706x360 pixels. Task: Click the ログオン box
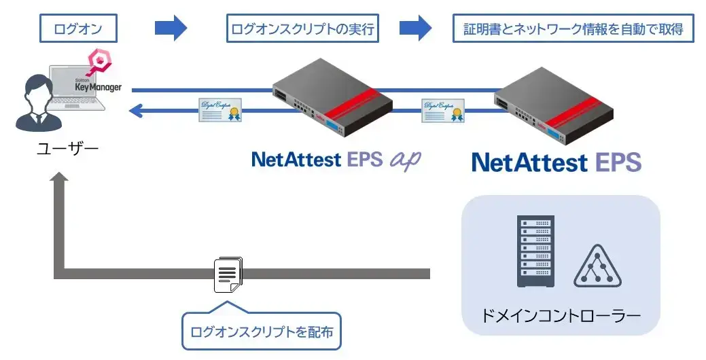[79, 29]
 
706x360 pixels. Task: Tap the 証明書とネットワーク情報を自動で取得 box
[573, 29]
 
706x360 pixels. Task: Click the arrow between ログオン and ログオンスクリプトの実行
[171, 28]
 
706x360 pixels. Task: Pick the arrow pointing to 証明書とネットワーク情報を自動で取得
[415, 28]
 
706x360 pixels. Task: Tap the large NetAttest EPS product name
[556, 162]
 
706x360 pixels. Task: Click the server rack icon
[535, 251]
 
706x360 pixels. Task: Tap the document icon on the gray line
[227, 275]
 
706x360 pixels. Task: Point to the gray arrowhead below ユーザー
[60, 179]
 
